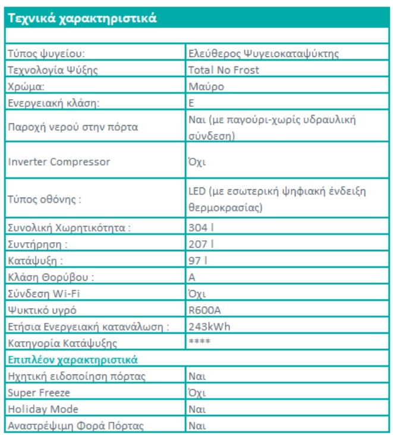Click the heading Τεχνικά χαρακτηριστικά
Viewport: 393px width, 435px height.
tap(82, 18)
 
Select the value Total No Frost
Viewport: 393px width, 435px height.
tap(224, 70)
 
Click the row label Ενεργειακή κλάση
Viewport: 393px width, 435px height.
tap(53, 103)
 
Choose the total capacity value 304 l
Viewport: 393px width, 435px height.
tap(201, 227)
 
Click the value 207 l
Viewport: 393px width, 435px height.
tap(201, 244)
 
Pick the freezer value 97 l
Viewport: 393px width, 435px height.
tap(199, 261)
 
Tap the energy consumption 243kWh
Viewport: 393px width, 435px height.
tap(209, 326)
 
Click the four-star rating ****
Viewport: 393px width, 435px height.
tap(200, 342)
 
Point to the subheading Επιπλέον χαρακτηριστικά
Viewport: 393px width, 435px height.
tap(72, 359)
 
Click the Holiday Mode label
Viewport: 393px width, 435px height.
tap(43, 409)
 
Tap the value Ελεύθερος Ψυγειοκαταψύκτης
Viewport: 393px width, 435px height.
tap(263, 53)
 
